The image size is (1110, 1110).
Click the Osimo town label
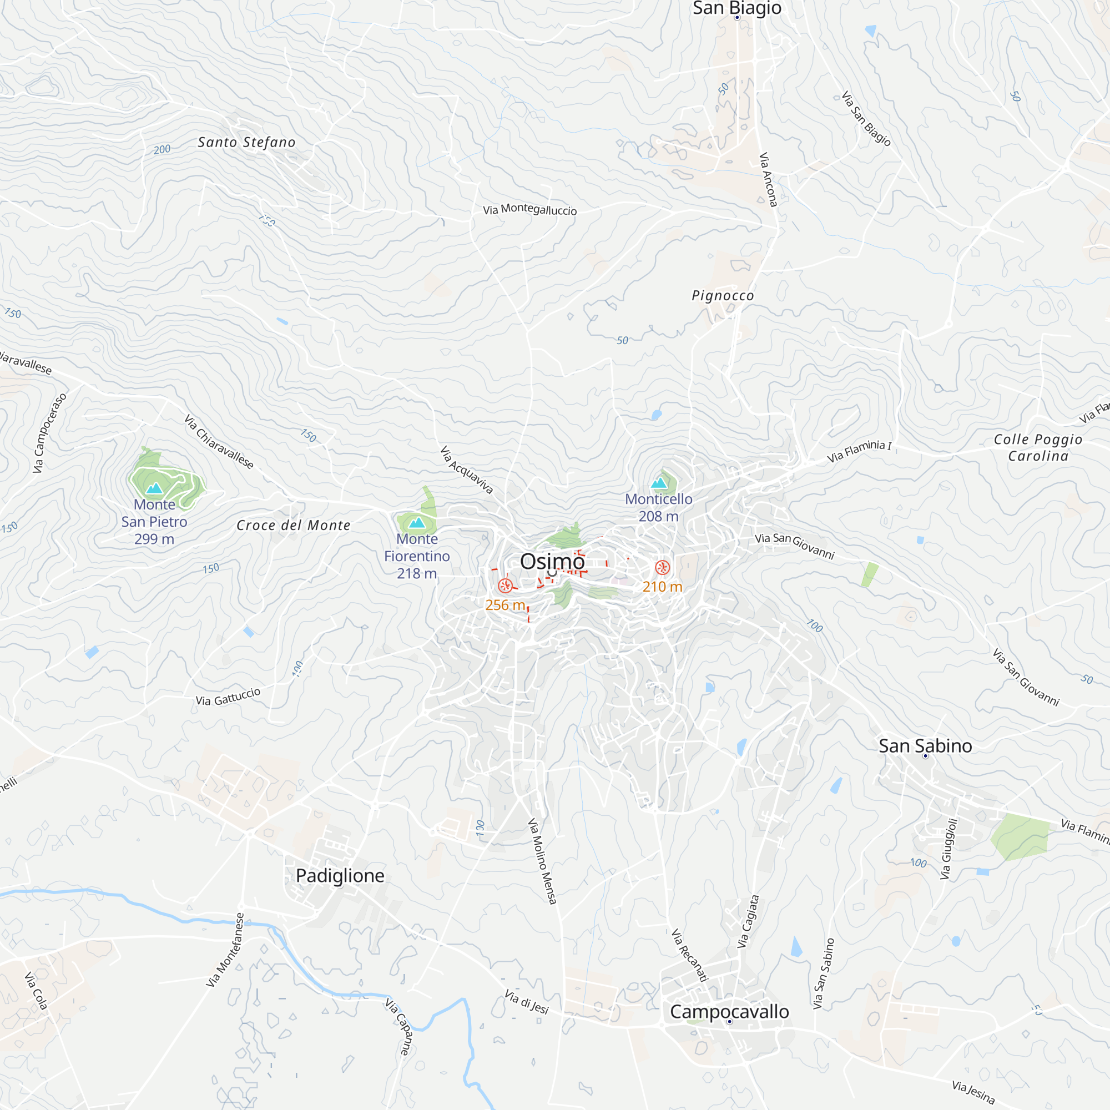point(552,561)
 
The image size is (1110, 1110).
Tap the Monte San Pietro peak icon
point(154,488)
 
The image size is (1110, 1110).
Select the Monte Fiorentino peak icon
point(417,522)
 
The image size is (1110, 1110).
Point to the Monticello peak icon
point(659,483)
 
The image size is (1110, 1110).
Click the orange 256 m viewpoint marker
point(505,586)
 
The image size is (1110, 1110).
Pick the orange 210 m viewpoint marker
point(662,568)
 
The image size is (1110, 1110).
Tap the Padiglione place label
point(340,876)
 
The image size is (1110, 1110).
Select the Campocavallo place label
point(729,1012)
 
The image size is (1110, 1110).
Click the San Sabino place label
point(925,746)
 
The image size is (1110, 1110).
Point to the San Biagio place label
point(736,8)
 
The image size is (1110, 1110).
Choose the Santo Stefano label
point(246,142)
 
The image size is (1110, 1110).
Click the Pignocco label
point(723,295)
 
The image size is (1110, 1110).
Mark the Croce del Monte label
point(293,525)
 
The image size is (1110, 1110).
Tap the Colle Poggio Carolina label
point(1038,447)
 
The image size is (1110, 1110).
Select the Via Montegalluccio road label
point(529,210)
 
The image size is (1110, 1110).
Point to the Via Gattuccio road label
point(228,697)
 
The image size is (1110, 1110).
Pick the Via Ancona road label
point(768,179)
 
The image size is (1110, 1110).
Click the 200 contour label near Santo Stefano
point(162,149)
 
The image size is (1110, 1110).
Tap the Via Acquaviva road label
point(467,470)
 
